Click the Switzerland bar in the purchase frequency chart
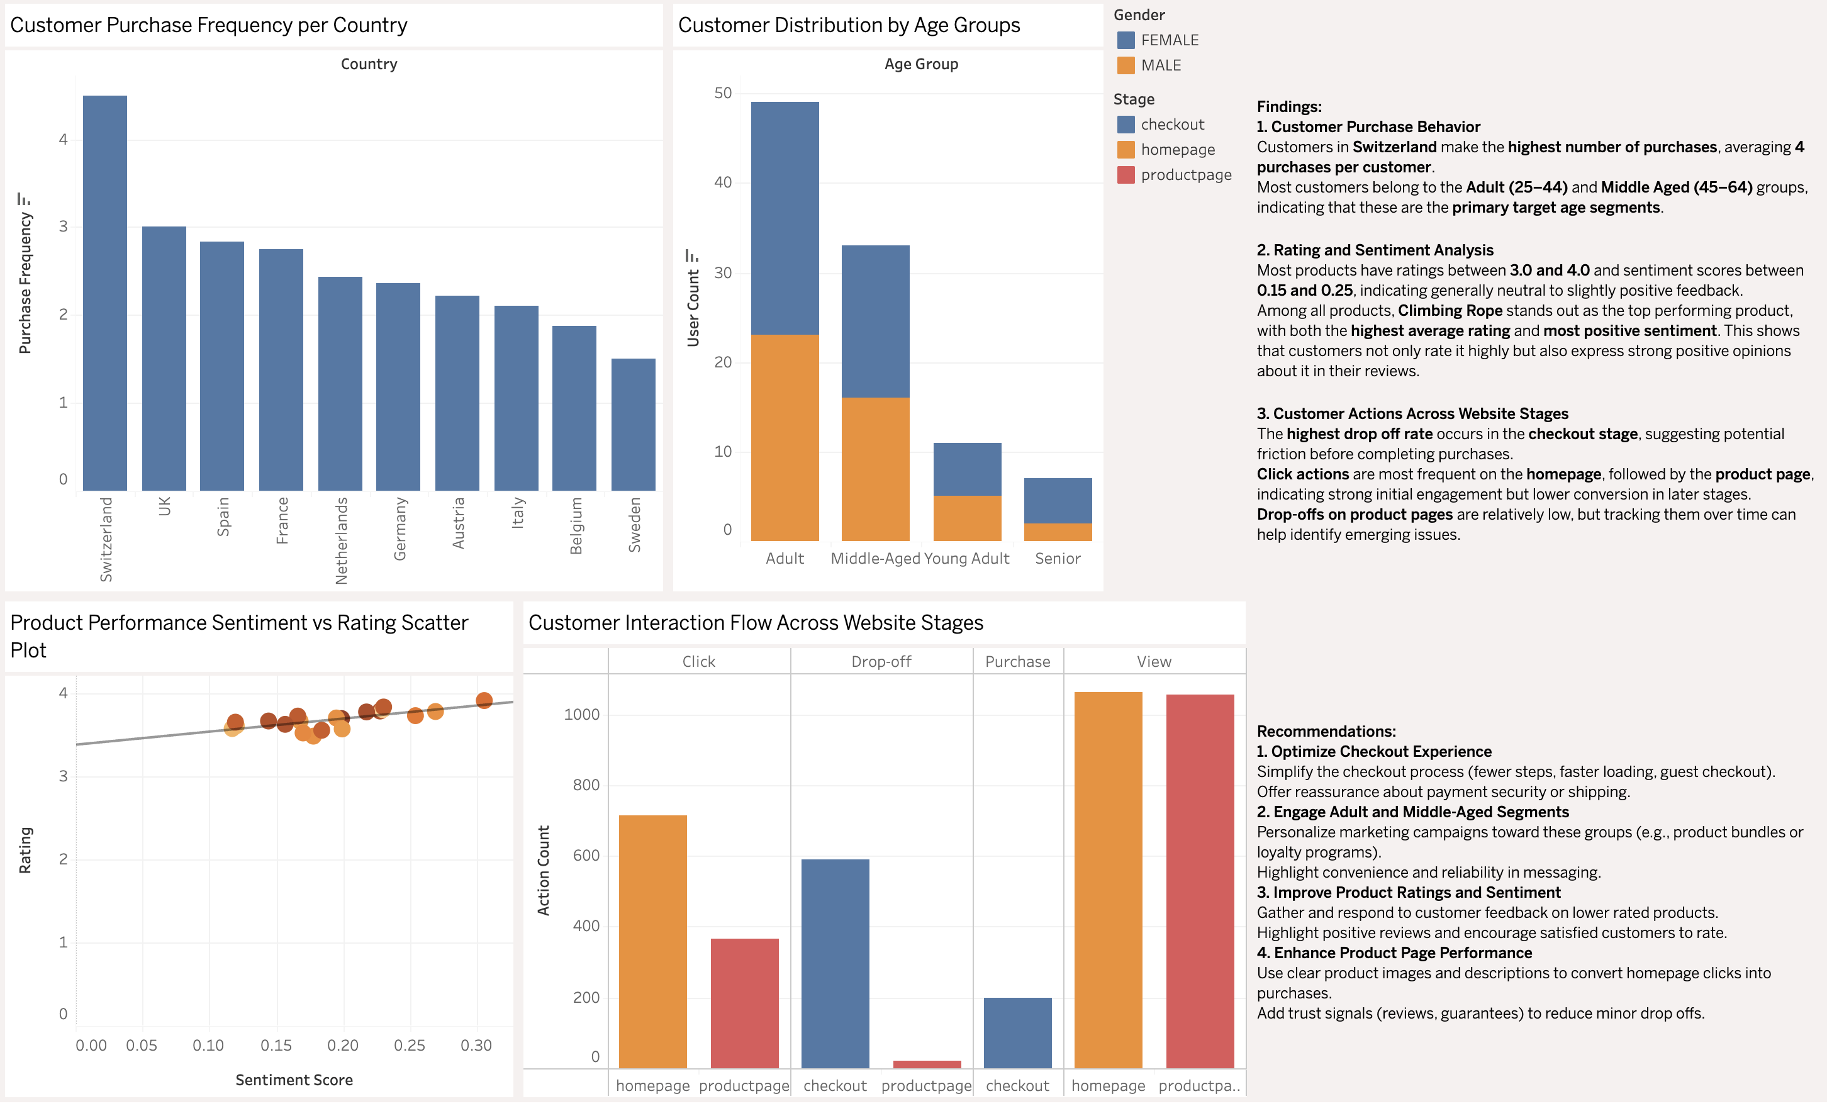pos(104,293)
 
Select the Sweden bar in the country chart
pos(633,424)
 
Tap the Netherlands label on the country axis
pos(341,540)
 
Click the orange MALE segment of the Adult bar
pos(785,437)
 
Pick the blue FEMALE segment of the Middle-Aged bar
pos(875,321)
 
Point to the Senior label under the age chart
pos(1058,558)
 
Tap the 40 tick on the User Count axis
pos(722,182)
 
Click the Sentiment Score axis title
pos(294,1080)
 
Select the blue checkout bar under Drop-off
pos(835,964)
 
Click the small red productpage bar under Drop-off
pos(927,1064)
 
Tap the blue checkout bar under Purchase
pos(1017,1032)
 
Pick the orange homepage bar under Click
pos(652,941)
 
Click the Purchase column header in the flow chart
pos(1017,661)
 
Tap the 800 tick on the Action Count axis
pos(586,785)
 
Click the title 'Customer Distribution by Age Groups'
pos(848,25)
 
